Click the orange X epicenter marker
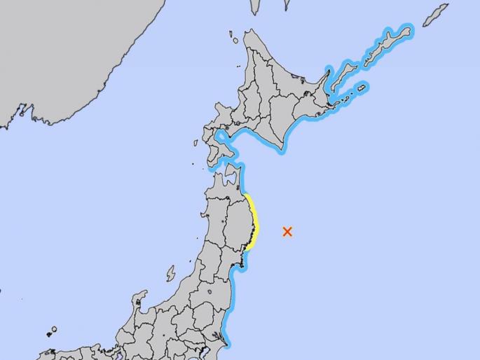point(287,231)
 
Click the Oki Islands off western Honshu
point(52,331)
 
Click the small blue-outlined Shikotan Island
point(361,89)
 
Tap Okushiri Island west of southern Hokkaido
point(196,144)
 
